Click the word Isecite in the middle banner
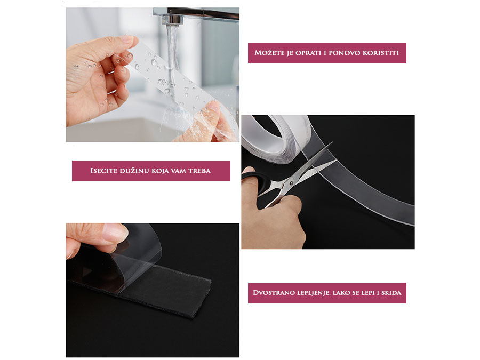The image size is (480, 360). (103, 171)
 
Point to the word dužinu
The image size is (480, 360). (134, 170)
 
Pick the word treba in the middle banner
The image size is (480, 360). (199, 171)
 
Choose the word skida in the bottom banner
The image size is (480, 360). (391, 293)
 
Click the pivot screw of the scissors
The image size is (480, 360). (291, 183)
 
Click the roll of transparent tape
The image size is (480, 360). (276, 137)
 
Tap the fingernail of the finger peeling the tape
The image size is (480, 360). (115, 233)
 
